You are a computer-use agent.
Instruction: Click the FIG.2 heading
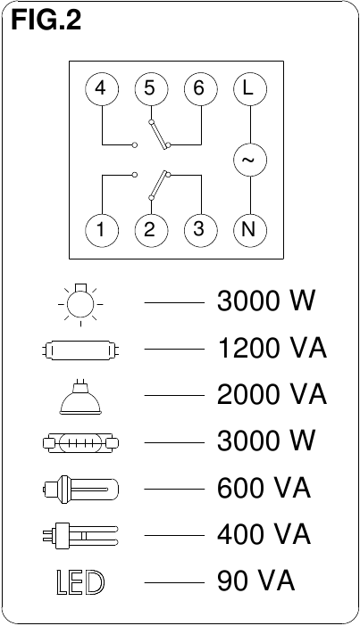point(46,21)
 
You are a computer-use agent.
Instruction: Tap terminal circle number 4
point(102,88)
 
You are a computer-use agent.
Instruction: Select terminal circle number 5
point(151,88)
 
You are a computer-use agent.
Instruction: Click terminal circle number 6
point(200,88)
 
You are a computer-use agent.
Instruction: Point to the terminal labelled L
point(250,88)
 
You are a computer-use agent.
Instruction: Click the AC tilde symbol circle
point(250,160)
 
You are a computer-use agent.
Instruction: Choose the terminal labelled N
point(250,230)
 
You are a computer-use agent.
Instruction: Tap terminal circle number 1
point(102,230)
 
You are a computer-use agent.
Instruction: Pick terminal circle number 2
point(151,230)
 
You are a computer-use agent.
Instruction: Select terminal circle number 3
point(200,230)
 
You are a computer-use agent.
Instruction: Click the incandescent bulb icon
point(80,304)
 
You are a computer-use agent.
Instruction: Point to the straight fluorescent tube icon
point(80,350)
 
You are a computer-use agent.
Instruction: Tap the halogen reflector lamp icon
point(80,397)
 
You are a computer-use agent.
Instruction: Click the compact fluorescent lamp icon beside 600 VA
point(80,489)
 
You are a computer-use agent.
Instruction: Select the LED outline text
point(80,583)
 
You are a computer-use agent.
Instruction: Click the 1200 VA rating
point(272,348)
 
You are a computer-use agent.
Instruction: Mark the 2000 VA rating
point(272,395)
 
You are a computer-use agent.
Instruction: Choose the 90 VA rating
point(256,581)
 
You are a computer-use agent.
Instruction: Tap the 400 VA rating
point(264,534)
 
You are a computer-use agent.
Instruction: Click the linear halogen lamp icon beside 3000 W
point(80,442)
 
